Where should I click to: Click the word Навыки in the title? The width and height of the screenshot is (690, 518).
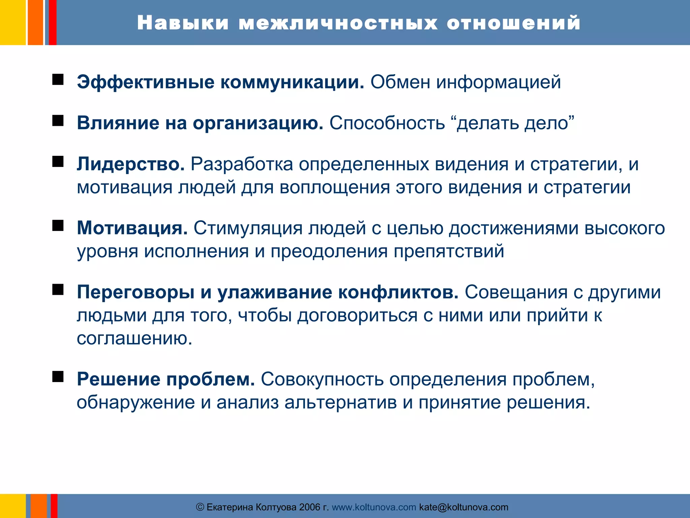coord(183,23)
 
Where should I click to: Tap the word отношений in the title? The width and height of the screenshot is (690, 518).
coord(513,23)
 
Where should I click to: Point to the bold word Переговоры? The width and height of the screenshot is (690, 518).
coord(136,292)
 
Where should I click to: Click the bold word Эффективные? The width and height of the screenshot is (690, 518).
coord(146,82)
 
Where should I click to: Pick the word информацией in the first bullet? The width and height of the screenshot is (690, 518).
coord(499,82)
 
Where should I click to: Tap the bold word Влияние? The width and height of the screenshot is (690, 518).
coord(118,123)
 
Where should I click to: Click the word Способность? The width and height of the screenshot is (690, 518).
coord(387,123)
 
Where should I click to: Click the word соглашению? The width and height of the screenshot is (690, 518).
coord(134,338)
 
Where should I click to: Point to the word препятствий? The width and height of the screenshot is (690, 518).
coord(449,251)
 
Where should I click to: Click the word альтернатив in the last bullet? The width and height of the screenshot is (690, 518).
coord(340,402)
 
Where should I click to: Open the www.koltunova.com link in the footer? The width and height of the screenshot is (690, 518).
coord(374,507)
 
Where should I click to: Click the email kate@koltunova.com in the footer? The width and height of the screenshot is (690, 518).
coord(464,507)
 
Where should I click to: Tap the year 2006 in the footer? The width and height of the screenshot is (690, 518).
coord(310,507)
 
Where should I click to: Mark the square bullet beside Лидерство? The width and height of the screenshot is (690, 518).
coord(58,162)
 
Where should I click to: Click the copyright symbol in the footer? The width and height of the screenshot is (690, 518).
coord(200,507)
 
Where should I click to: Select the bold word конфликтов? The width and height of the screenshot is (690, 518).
coord(398,292)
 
